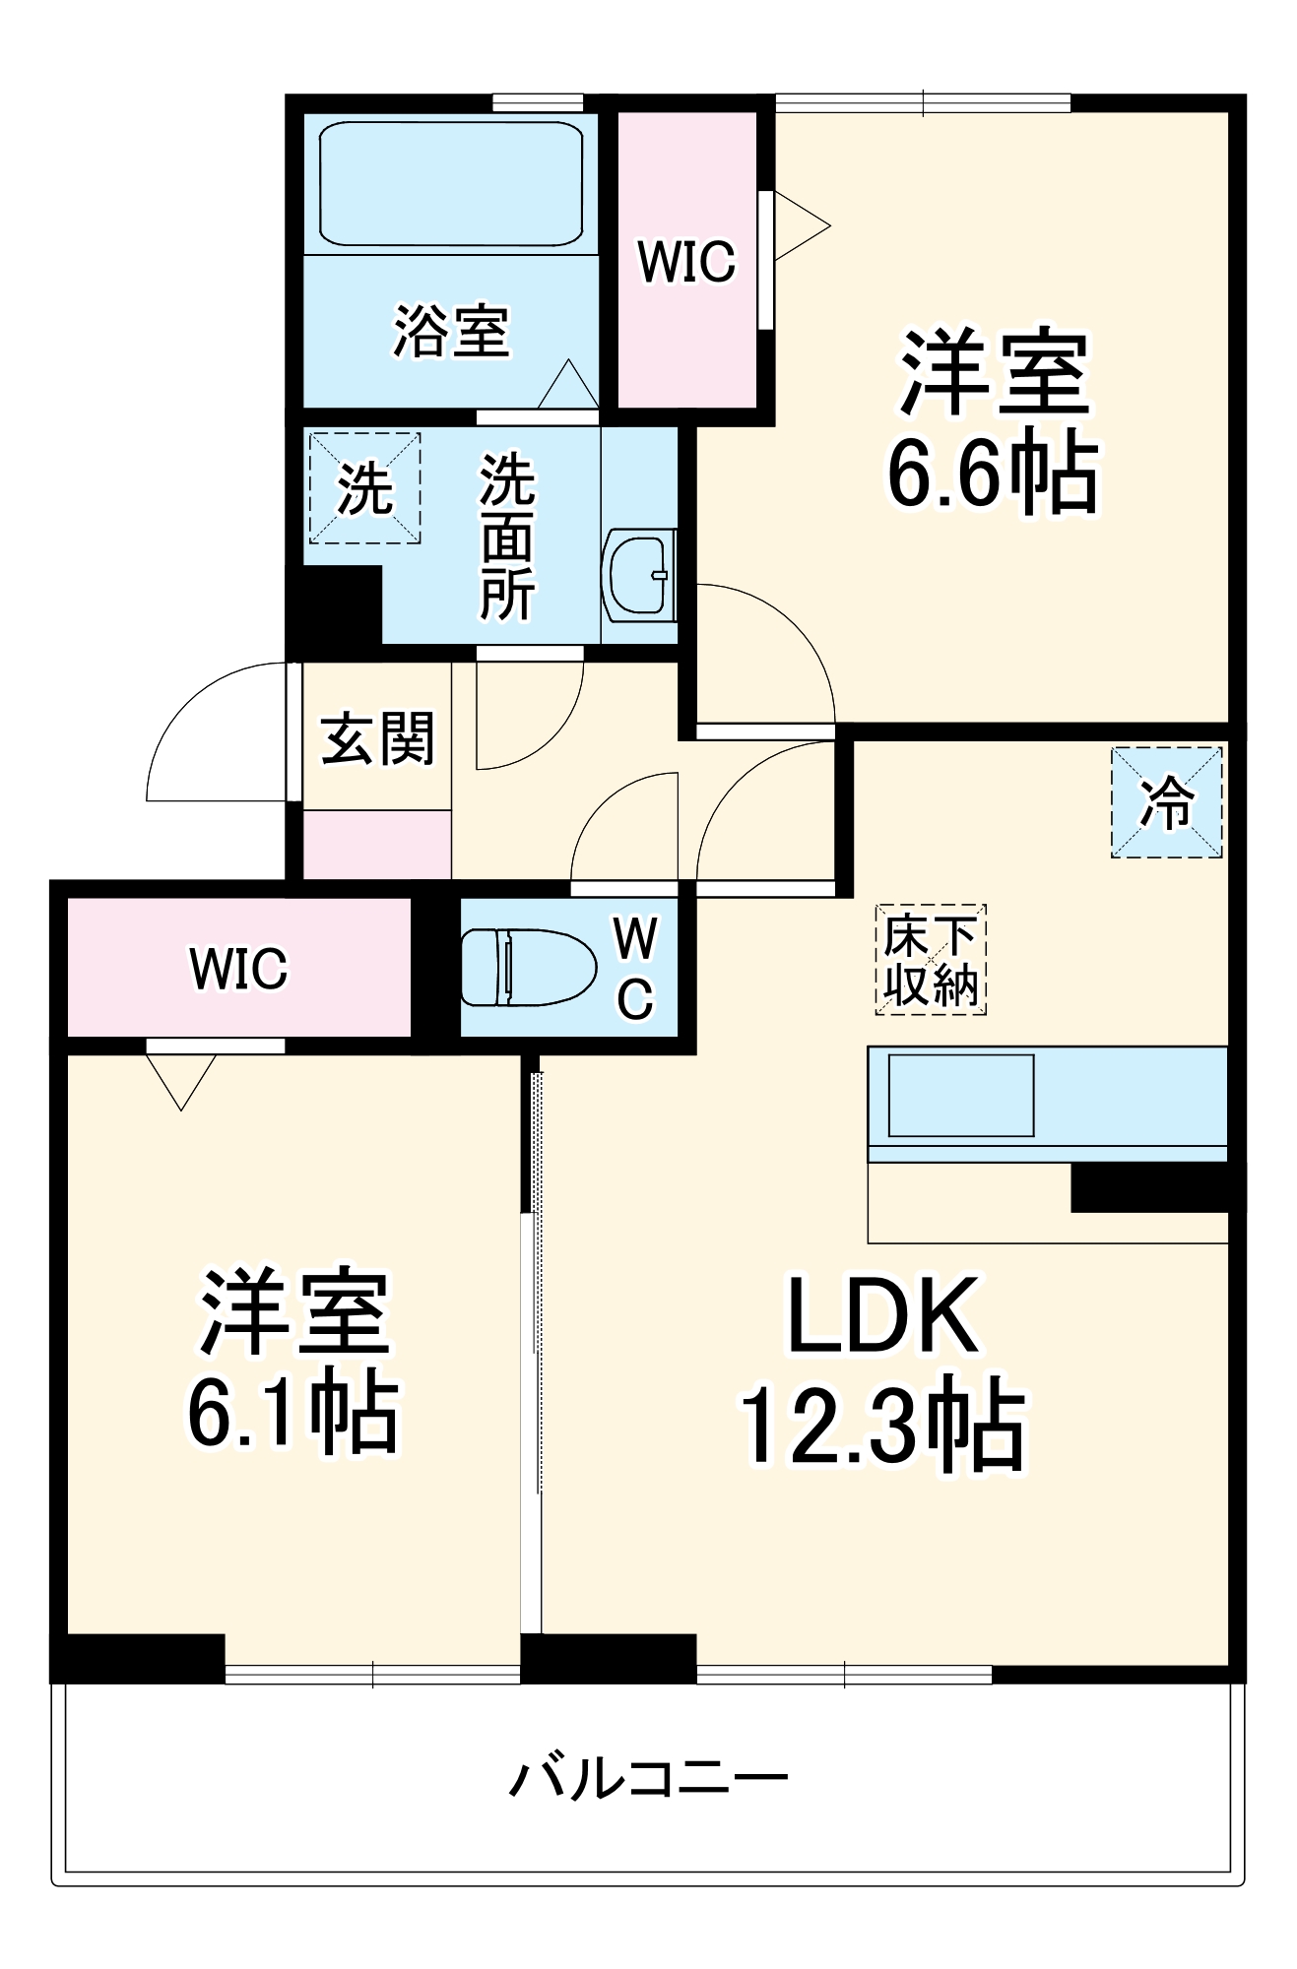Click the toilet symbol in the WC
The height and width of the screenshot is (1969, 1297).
529,967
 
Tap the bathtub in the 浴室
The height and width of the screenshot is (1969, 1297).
451,183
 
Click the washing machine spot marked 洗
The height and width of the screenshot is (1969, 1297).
365,487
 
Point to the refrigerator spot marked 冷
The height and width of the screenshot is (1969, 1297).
1166,801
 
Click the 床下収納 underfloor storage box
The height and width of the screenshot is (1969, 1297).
931,959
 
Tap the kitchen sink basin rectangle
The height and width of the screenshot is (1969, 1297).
960,1095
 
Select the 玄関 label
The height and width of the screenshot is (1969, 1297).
377,738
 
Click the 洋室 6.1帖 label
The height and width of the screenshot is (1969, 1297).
293,1363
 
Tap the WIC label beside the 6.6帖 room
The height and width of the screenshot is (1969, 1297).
686,262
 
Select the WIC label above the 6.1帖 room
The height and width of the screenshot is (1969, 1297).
238,969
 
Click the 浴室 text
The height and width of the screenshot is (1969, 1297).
451,332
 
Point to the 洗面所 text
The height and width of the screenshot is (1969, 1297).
507,537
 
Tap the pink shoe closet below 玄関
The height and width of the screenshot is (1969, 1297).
376,844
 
